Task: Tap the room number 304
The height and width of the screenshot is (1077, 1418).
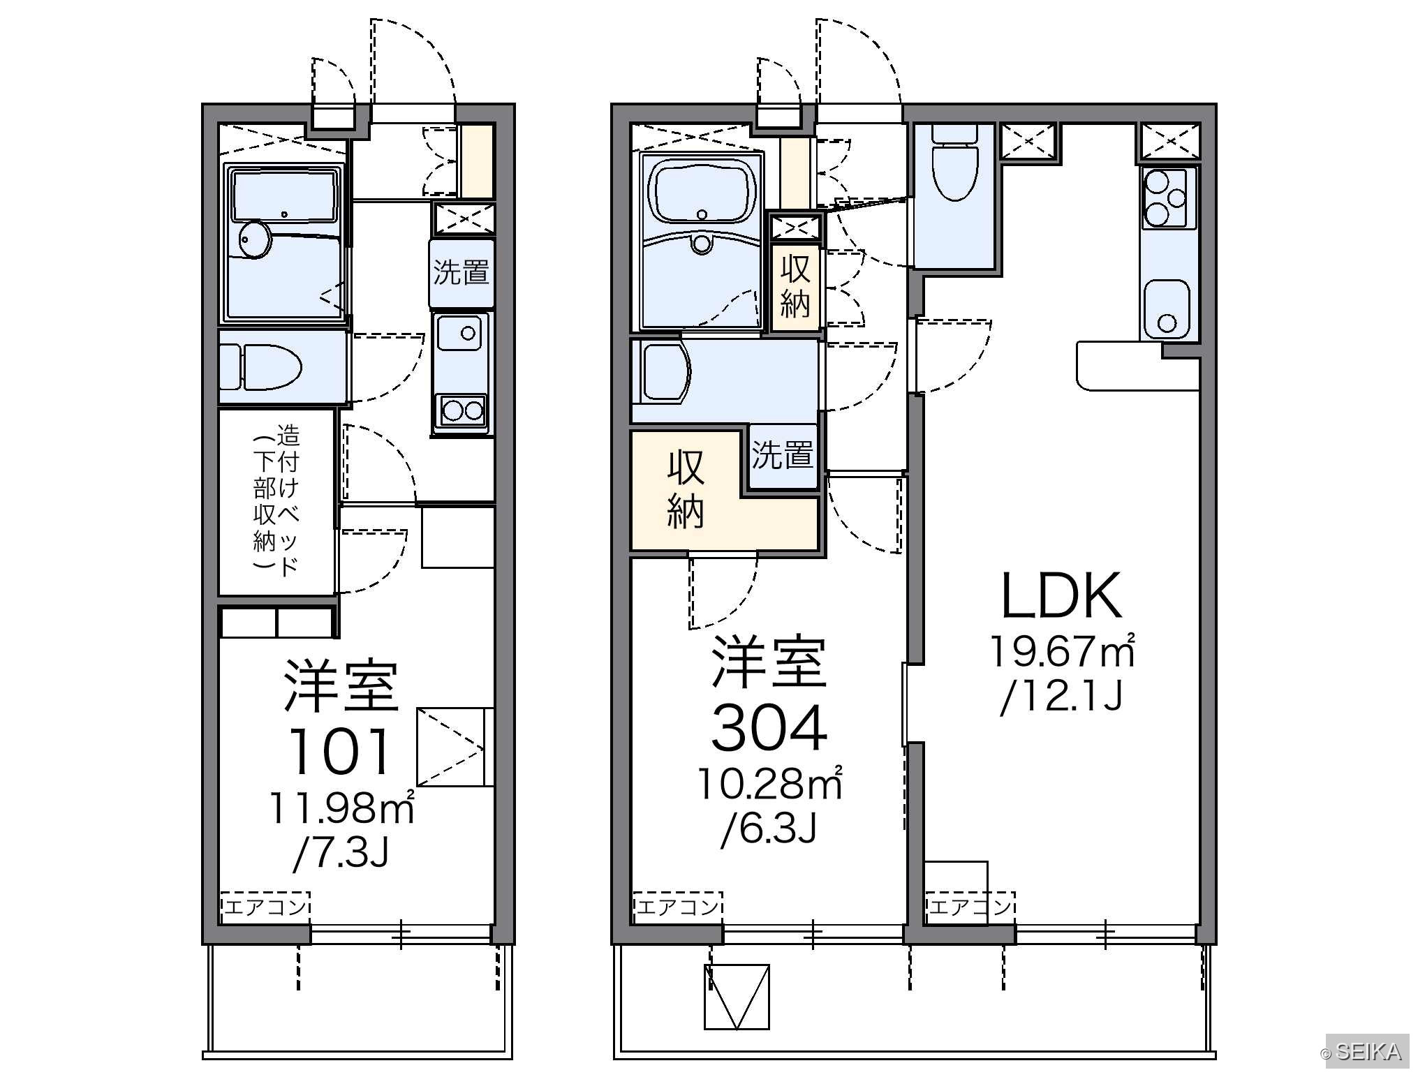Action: (x=769, y=727)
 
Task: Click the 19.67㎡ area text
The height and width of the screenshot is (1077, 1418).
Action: (x=1062, y=651)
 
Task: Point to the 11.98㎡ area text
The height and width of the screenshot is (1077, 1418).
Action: (x=341, y=808)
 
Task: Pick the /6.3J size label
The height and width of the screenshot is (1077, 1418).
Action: (x=769, y=829)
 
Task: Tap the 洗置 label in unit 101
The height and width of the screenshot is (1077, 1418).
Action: (x=461, y=272)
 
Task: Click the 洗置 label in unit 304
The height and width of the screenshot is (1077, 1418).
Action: (x=783, y=454)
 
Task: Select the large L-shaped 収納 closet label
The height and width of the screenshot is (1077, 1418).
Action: (x=686, y=489)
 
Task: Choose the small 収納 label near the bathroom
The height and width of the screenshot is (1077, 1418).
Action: (x=795, y=286)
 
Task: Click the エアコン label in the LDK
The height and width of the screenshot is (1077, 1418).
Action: (x=970, y=906)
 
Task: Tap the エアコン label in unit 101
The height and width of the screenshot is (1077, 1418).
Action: (x=265, y=906)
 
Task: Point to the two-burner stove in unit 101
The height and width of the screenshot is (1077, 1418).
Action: (x=461, y=410)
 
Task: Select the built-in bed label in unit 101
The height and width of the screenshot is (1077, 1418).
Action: (x=276, y=500)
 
